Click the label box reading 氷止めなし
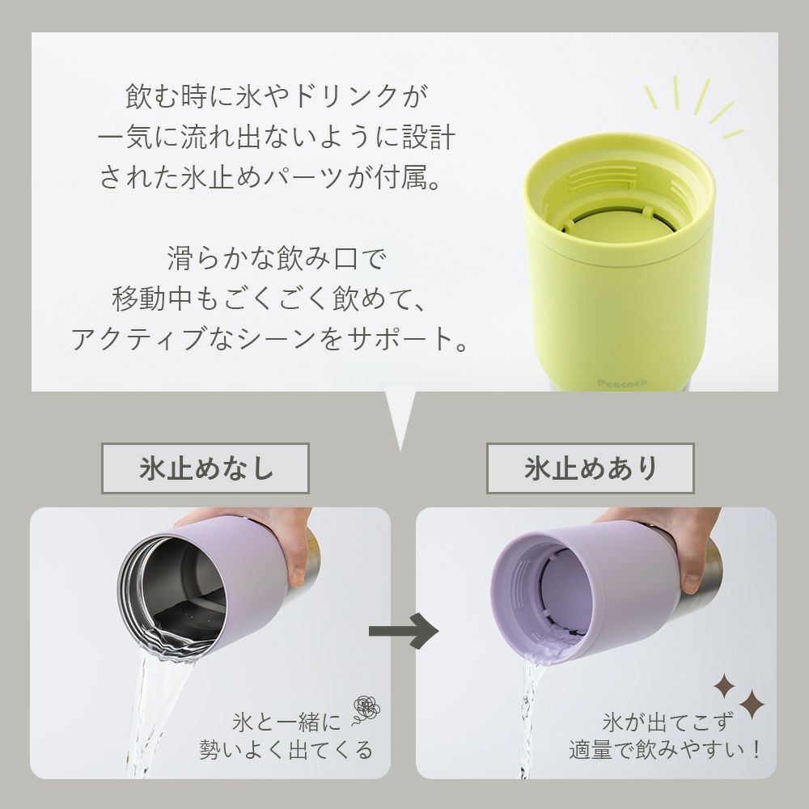[x=205, y=468]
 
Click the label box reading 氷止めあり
[x=591, y=468]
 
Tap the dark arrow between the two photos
[x=404, y=630]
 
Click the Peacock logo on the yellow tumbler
[x=621, y=383]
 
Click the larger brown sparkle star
[x=752, y=704]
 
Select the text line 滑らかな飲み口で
[x=275, y=258]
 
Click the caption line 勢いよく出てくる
[x=286, y=750]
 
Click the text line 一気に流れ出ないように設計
[x=277, y=137]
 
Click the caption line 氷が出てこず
[x=667, y=722]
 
